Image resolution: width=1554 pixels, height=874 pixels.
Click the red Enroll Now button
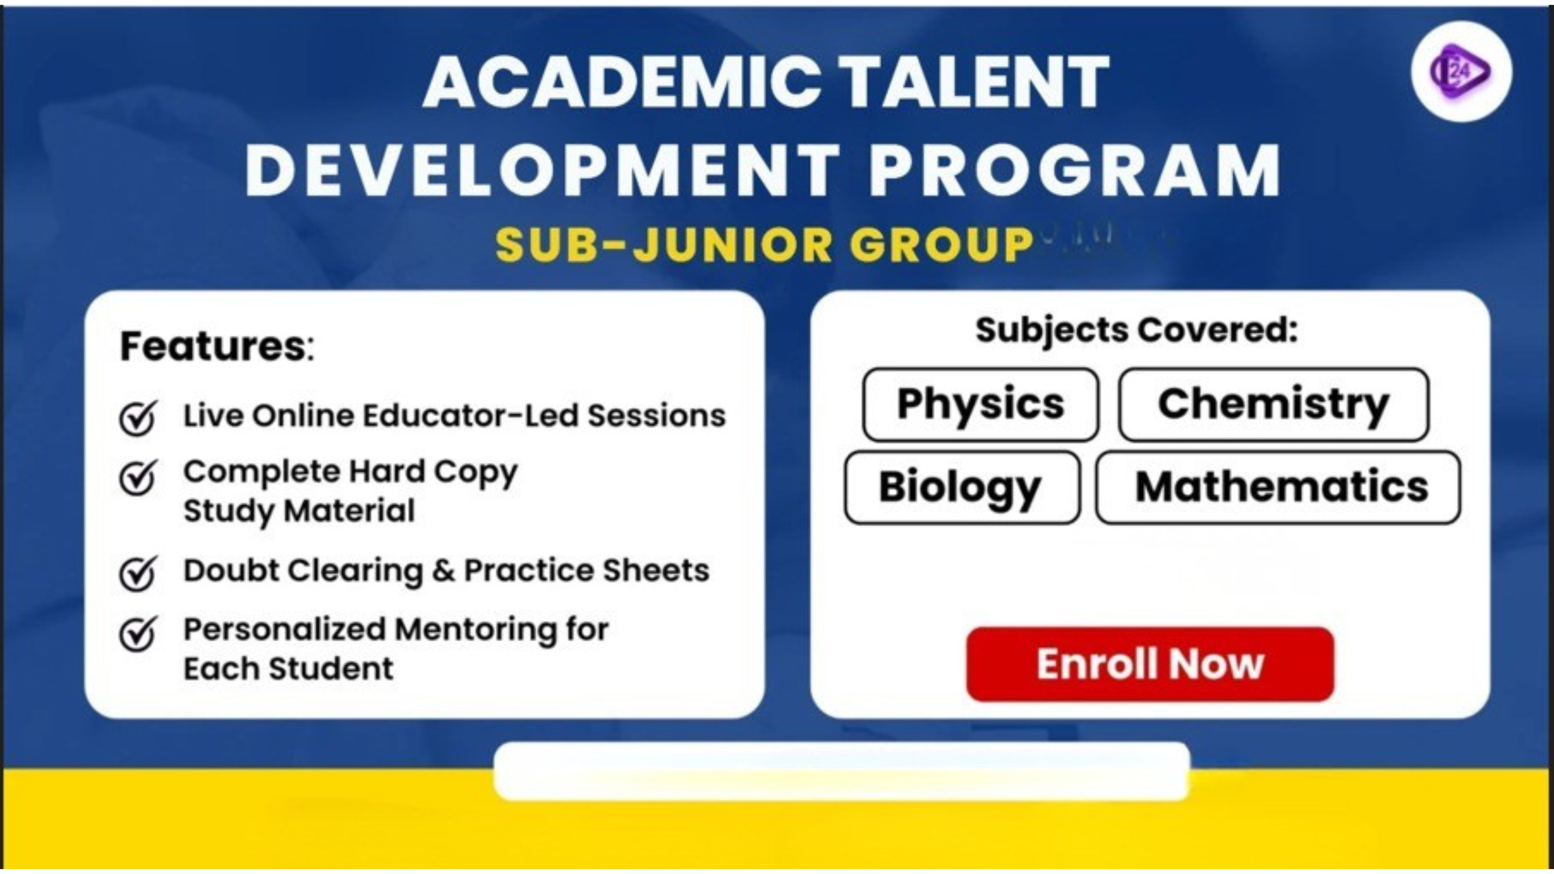tap(1150, 664)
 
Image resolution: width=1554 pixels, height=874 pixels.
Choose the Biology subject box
tap(962, 487)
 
